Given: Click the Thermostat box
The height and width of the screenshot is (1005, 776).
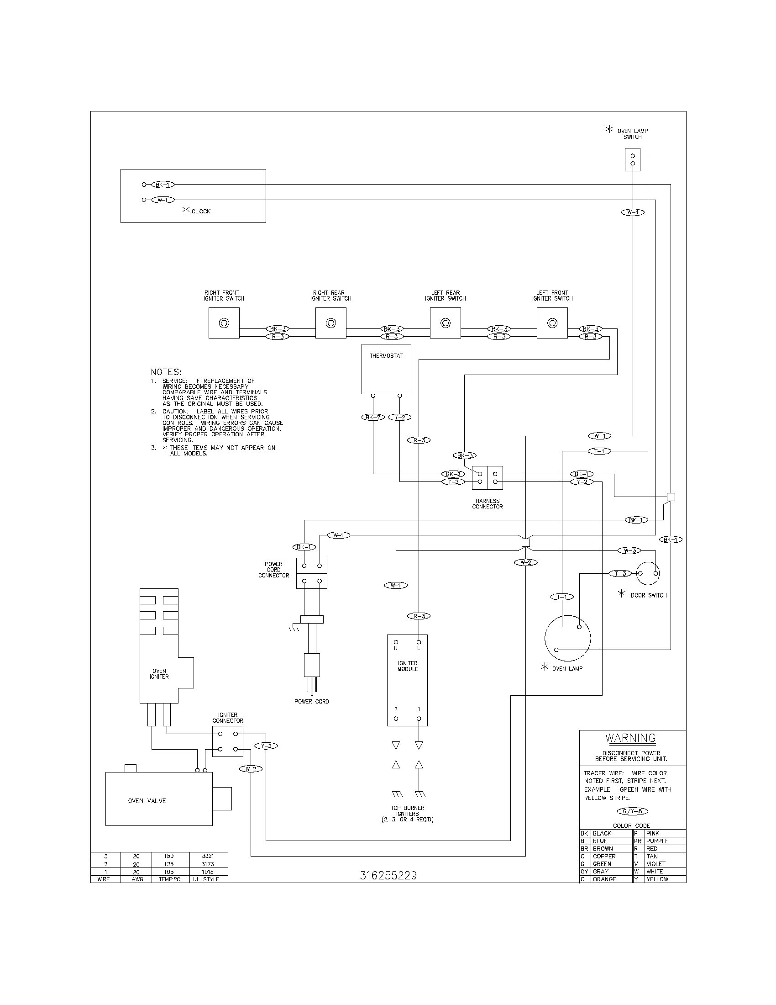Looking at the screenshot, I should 386,369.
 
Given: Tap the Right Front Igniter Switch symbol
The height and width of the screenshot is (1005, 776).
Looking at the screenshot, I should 224,323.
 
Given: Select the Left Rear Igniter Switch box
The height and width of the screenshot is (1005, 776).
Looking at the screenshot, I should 445,323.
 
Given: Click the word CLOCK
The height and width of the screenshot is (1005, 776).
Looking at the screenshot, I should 201,211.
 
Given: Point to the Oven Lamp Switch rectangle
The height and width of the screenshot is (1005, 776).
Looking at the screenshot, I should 633,159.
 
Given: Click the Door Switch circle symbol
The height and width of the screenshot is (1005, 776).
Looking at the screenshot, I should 648,573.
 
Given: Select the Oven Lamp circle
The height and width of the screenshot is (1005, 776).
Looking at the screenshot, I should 567,638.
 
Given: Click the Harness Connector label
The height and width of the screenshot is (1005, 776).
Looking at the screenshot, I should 488,503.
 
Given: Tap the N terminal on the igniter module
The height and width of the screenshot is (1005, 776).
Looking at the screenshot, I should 396,642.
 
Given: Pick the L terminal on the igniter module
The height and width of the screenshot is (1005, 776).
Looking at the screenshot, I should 418,642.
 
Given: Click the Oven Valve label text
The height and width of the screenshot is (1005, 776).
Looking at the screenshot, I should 147,801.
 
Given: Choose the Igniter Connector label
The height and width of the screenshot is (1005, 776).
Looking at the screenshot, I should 228,718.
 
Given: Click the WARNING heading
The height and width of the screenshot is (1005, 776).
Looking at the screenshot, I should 630,738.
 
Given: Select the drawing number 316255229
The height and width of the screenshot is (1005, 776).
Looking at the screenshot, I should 388,875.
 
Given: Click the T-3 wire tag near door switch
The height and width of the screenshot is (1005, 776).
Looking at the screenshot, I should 620,573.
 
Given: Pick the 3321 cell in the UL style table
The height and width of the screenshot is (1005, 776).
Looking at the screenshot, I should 208,856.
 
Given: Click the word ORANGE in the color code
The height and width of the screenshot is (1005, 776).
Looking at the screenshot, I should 604,879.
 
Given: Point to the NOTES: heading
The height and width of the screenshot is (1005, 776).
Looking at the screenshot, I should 166,371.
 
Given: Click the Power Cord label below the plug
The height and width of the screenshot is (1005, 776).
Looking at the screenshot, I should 311,701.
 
